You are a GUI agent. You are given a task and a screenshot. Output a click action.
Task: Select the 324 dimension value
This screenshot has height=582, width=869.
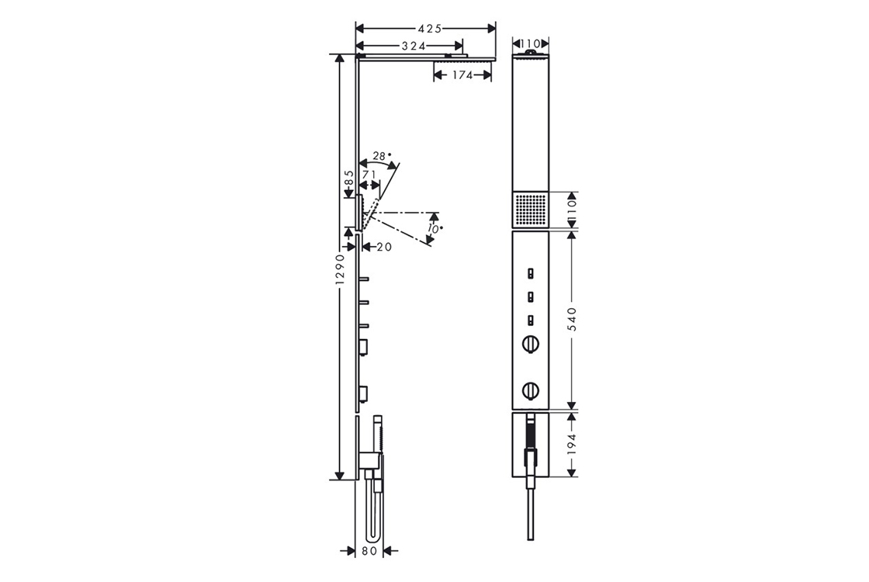click(414, 46)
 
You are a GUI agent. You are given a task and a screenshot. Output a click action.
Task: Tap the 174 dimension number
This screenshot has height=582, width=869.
click(462, 74)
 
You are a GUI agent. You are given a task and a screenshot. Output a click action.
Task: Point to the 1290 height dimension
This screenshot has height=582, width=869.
click(341, 270)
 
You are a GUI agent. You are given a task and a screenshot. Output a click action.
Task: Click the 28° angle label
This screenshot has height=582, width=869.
click(381, 156)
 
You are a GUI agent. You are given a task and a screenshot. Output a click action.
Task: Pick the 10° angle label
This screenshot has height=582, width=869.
click(435, 228)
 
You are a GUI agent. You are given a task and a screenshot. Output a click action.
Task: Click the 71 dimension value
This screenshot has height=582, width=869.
click(369, 174)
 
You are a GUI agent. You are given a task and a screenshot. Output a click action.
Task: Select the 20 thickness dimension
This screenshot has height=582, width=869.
click(384, 247)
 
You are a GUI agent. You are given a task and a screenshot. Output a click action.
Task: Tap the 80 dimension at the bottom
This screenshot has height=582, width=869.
click(369, 551)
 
